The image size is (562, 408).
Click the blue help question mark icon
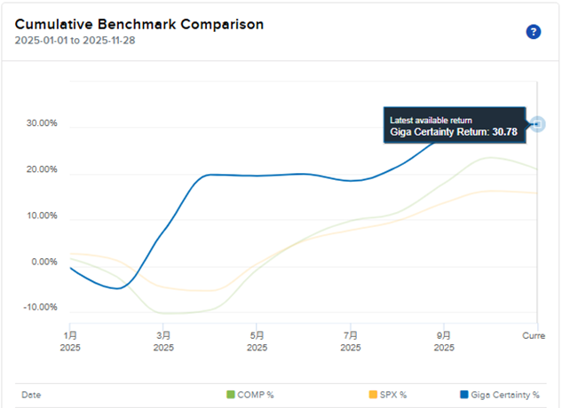(534, 32)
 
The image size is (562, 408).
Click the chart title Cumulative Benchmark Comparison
(139, 25)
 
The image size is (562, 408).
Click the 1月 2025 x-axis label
(70, 341)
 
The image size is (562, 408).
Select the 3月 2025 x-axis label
(163, 341)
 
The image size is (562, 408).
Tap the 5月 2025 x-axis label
(257, 341)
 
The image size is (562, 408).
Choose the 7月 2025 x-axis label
(352, 341)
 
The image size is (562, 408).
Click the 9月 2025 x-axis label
(445, 341)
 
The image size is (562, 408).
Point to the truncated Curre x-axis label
(532, 336)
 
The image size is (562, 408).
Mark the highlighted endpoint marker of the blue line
(538, 124)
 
